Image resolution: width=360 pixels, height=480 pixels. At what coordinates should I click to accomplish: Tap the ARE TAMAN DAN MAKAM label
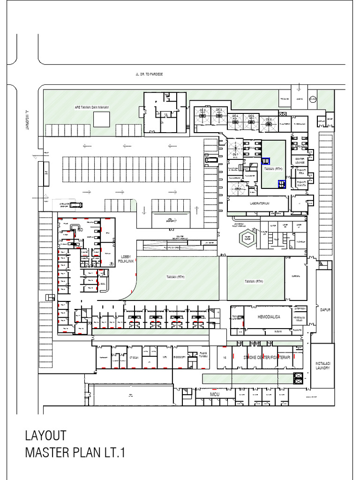tap(92, 107)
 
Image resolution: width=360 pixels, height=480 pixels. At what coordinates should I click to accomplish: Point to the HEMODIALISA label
tap(269, 317)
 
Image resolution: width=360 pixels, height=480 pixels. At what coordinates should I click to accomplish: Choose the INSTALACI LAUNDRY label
tap(323, 366)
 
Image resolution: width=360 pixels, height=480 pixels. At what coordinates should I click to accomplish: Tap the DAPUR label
tap(325, 310)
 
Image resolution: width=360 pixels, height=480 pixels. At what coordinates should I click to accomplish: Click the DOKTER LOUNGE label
tap(300, 161)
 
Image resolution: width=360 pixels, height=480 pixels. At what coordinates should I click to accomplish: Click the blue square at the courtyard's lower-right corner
tap(282, 183)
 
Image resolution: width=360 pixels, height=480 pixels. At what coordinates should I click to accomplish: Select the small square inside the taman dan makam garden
tap(101, 119)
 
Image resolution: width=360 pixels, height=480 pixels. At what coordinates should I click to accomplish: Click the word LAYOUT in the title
tap(45, 436)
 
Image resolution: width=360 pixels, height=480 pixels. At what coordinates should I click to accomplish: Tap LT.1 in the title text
tap(114, 453)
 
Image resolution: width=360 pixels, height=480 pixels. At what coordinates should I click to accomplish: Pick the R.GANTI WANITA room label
tap(302, 184)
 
